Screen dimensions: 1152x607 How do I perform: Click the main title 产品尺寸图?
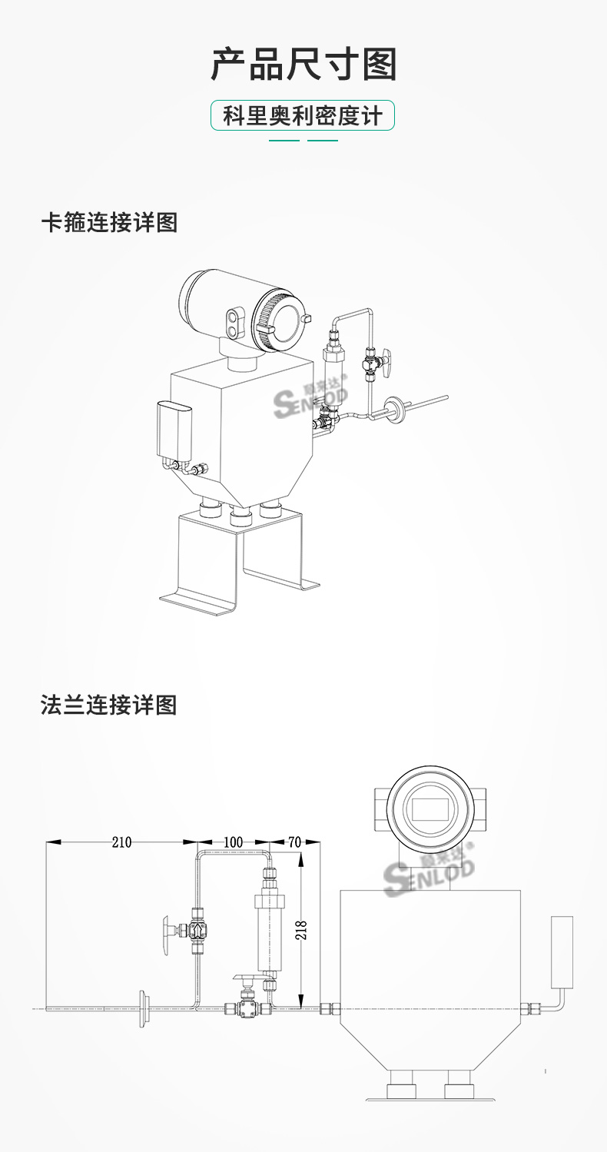pyautogui.click(x=303, y=65)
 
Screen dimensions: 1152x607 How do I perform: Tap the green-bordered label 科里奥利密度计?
pyautogui.click(x=303, y=116)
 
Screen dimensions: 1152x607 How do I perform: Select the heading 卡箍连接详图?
pyautogui.click(x=109, y=223)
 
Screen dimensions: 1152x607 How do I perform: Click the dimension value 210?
pyautogui.click(x=121, y=842)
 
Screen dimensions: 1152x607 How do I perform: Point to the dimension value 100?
pyautogui.click(x=233, y=842)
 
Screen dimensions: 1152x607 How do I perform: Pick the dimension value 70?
pyautogui.click(x=294, y=842)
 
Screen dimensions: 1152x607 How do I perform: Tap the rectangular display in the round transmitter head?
pyautogui.click(x=430, y=808)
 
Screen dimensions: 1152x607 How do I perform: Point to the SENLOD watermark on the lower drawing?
pyautogui.click(x=430, y=873)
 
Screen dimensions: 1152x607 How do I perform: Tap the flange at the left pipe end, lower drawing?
pyautogui.click(x=143, y=1008)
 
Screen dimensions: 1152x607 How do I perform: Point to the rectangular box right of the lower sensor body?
pyautogui.click(x=562, y=951)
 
